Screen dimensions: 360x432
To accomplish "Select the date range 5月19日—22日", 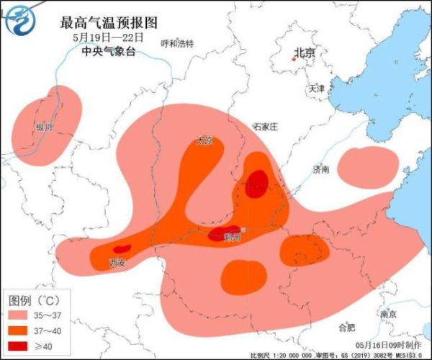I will click(x=108, y=37).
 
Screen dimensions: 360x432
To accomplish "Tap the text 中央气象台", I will click(x=108, y=51).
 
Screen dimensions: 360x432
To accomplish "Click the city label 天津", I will click(x=316, y=89).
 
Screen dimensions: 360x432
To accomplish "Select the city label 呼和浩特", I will click(x=177, y=44).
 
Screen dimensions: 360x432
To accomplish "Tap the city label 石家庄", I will click(x=265, y=126).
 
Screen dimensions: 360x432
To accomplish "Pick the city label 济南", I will click(x=320, y=170).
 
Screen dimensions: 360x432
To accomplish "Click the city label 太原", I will click(x=205, y=141).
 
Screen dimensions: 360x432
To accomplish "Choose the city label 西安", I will click(x=117, y=262).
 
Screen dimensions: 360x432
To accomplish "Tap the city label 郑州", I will click(x=232, y=237).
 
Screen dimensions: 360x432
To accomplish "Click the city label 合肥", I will click(x=346, y=328).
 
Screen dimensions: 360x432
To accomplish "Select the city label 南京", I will click(x=388, y=314).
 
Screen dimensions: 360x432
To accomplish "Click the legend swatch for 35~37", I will click(x=20, y=315).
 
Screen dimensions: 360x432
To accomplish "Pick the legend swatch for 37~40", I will click(x=20, y=330).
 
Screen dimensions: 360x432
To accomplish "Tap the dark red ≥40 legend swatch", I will click(x=20, y=346).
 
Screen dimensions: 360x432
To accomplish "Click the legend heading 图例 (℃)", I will click(x=32, y=299).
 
